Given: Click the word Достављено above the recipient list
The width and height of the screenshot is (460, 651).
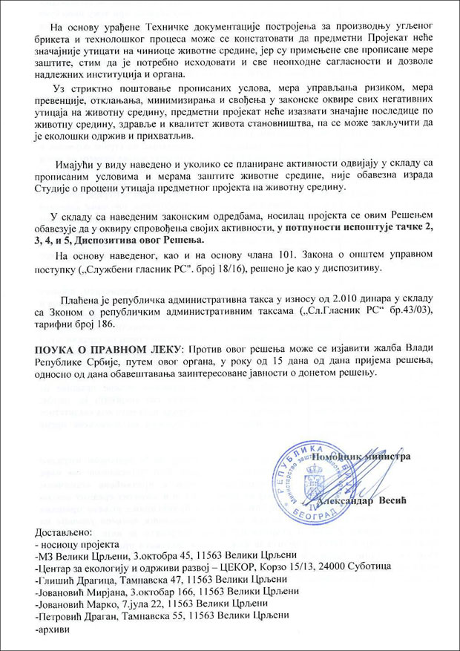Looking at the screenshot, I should coord(62,532).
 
